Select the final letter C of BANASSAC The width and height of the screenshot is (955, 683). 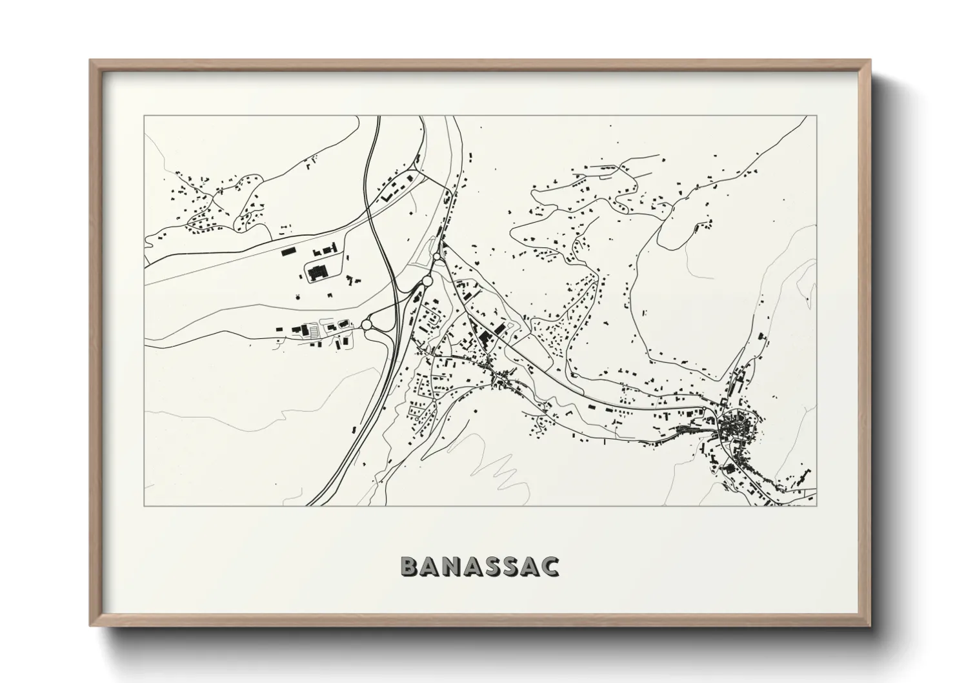550,567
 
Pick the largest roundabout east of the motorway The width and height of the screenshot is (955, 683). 426,281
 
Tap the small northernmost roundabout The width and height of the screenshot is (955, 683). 437,257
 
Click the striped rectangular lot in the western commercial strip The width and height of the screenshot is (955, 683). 314,331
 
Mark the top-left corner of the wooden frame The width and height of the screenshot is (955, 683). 90,61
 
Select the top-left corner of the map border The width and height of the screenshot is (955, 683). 145,116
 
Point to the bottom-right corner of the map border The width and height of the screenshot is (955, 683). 816,506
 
